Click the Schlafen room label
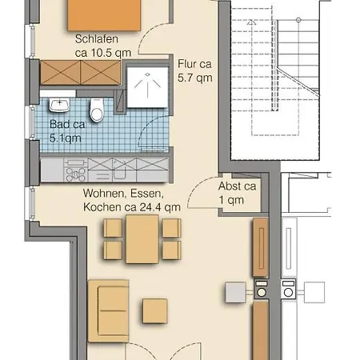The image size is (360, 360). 97,39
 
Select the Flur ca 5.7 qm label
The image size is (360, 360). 195,71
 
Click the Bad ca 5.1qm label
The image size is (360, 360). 67,131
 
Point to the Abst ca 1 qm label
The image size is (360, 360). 237,193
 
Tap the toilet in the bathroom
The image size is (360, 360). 97,110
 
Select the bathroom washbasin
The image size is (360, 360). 59,105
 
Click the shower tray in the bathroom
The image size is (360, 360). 147,87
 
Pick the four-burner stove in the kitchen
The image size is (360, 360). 76,174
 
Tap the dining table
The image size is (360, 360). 142,239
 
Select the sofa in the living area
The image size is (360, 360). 109,310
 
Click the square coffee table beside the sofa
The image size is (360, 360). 155,311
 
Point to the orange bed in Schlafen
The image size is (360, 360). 104,15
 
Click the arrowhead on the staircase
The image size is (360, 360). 250,22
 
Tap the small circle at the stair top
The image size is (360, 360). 298,20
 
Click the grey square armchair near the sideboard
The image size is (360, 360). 235,293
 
